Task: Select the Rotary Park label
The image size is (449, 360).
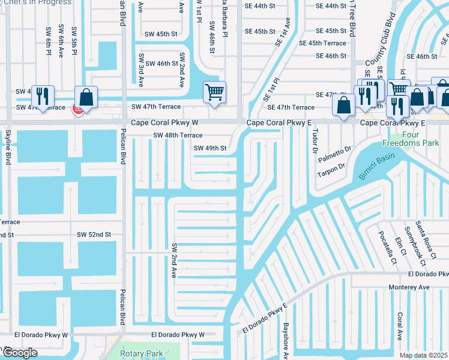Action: (x=142, y=353)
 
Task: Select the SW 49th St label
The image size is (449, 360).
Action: (x=210, y=148)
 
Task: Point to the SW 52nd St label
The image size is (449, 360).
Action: (x=94, y=234)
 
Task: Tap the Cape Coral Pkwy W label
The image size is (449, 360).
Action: (x=165, y=122)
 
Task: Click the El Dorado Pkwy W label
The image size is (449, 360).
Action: (x=178, y=334)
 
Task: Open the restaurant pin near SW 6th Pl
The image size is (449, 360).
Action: (x=42, y=96)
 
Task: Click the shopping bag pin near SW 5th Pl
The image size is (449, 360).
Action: (x=86, y=98)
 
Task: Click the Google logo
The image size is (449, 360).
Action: (x=20, y=353)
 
